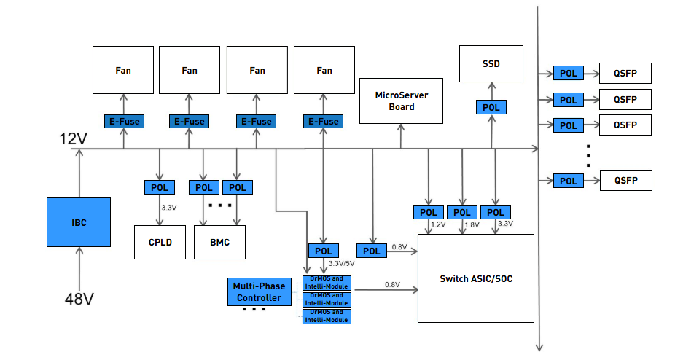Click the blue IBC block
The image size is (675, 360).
point(79,222)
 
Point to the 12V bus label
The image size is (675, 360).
point(74,139)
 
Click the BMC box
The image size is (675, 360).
point(219,242)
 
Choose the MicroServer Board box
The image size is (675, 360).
point(402,101)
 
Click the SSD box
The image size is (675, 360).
point(491,63)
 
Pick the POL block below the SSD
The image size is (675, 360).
point(491,107)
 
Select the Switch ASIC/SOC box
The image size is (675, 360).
point(475,278)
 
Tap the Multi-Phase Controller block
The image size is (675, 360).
point(260,292)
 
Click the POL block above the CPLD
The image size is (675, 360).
point(160,187)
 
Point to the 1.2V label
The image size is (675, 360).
point(437,224)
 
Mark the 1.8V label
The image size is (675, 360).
point(471,224)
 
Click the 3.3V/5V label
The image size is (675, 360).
point(341,263)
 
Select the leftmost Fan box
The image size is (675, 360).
point(122,70)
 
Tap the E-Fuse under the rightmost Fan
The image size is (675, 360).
point(324,121)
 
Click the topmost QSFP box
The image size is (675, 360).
point(625,73)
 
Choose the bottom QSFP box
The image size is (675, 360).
point(625,180)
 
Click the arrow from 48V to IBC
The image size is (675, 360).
point(79,267)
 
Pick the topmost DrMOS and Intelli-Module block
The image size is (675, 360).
point(327,283)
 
